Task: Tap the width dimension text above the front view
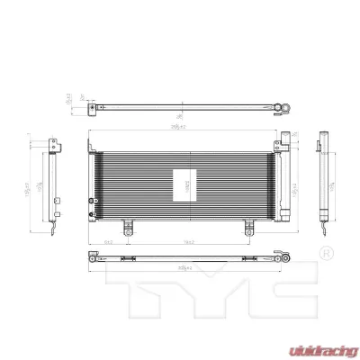[184, 130]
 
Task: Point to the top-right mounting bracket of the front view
[283, 139]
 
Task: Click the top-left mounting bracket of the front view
[91, 142]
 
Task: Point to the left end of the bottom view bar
[92, 256]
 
